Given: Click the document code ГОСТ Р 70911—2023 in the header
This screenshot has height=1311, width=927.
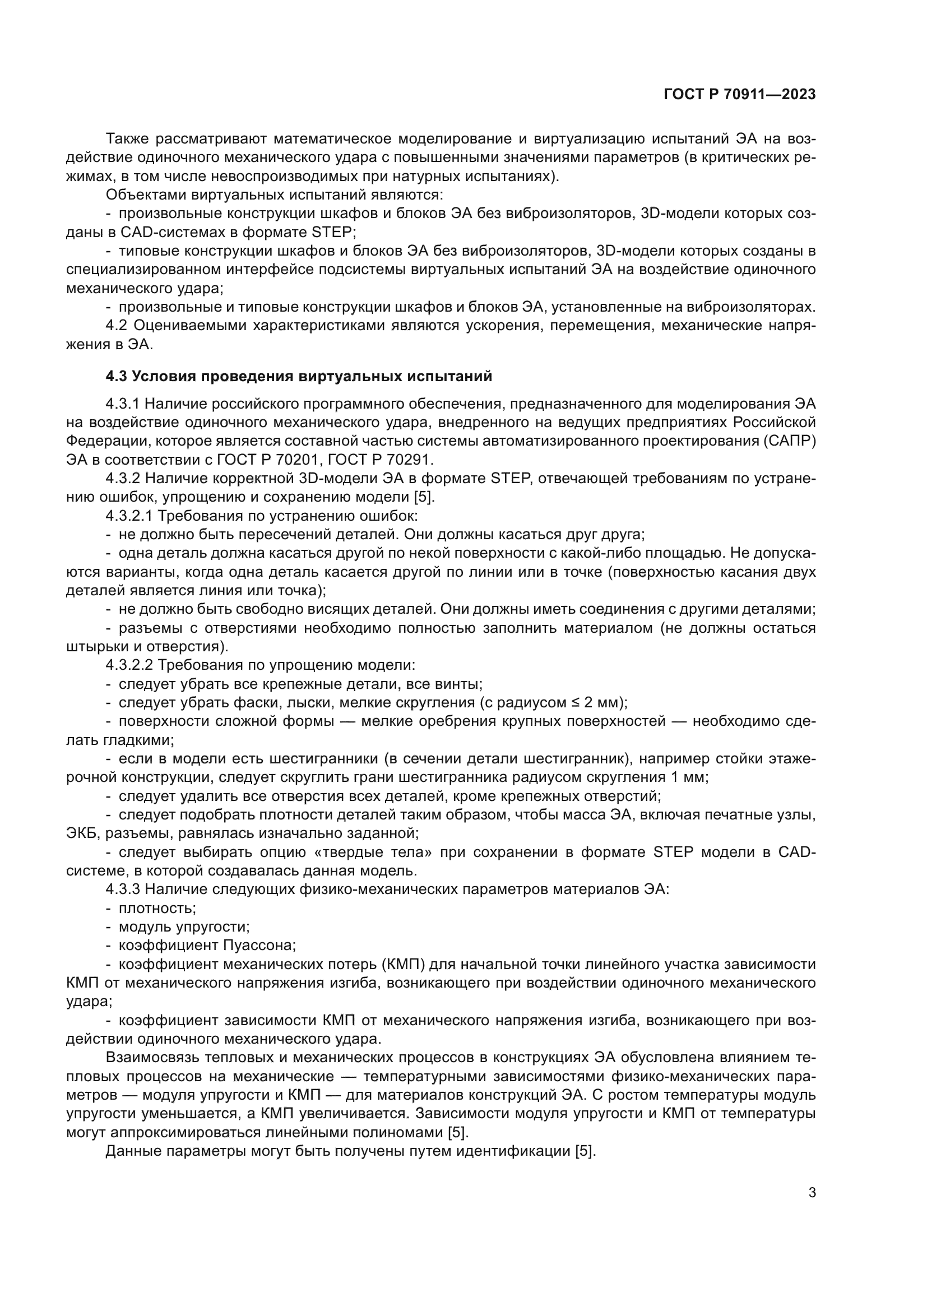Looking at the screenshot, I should (740, 95).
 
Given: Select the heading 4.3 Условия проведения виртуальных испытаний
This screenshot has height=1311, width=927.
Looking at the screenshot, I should (299, 376).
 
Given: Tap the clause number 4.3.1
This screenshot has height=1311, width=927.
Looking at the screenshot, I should (123, 404).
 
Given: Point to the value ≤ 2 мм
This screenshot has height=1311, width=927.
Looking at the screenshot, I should (599, 702).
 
